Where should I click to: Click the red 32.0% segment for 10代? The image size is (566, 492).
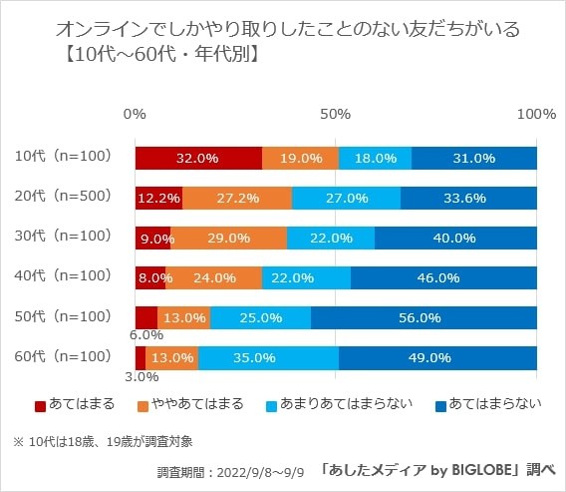click(198, 158)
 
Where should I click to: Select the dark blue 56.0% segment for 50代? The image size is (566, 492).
click(424, 317)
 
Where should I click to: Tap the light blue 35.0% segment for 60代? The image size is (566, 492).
click(268, 357)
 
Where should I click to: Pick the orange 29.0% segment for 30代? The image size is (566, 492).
click(229, 238)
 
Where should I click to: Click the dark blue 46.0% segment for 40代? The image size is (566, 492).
click(444, 277)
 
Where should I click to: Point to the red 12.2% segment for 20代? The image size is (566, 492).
click(158, 198)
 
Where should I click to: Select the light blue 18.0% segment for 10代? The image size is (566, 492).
click(375, 158)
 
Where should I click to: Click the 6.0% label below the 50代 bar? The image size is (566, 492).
click(145, 336)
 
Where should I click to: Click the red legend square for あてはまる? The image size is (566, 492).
click(40, 405)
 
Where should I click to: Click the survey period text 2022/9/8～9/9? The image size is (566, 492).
click(255, 470)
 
